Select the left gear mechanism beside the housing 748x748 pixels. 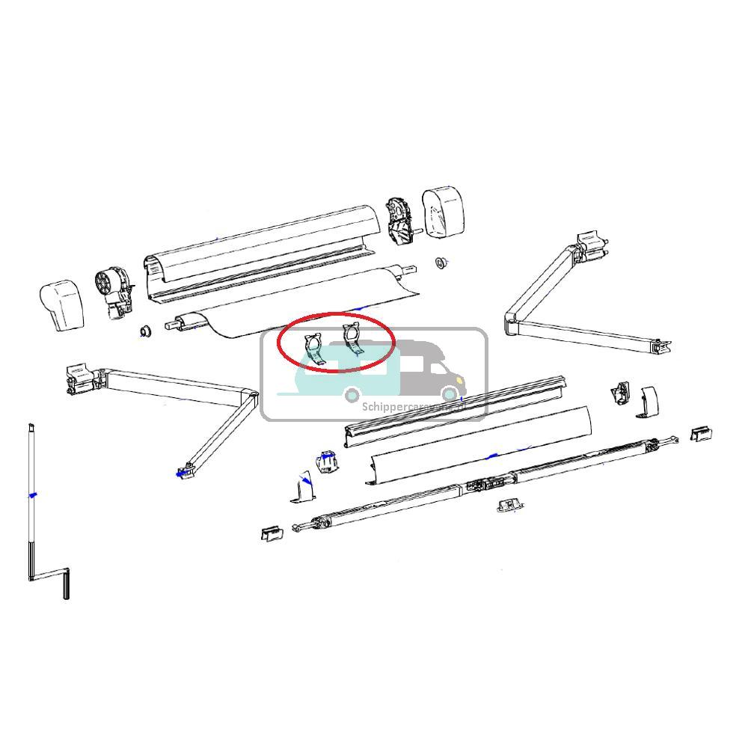coord(114,292)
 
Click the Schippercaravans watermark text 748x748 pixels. coord(404,408)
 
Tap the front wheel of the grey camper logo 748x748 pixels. coord(449,393)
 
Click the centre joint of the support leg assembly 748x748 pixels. coord(483,485)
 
